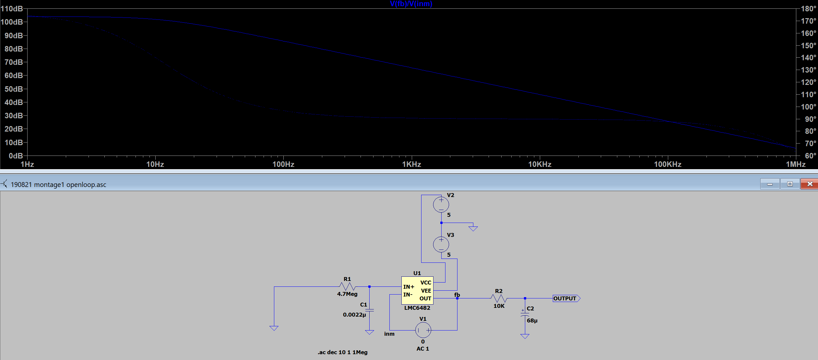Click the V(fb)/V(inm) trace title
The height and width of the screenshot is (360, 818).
point(411,4)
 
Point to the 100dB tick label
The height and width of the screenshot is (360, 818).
point(12,22)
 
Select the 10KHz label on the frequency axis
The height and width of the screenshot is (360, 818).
point(540,164)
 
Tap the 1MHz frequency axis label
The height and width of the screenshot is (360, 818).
point(796,164)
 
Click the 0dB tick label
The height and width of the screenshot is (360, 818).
point(16,156)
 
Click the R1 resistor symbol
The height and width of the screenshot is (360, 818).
point(347,286)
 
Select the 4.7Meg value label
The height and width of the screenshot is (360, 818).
point(347,294)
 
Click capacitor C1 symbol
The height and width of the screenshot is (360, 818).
point(369,310)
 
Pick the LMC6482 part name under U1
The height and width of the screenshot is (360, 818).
point(417,308)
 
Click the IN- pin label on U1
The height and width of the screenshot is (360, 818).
point(408,295)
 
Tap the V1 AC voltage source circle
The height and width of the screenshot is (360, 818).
point(423,330)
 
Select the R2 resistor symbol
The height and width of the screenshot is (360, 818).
point(499,298)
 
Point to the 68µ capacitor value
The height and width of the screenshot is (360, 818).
point(532,320)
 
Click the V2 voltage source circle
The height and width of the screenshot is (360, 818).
point(441,204)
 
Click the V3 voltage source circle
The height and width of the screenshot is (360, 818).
point(441,244)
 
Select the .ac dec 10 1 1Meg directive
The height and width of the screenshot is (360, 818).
point(343,352)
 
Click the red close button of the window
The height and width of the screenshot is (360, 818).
point(809,184)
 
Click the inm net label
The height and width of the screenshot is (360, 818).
point(389,334)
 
